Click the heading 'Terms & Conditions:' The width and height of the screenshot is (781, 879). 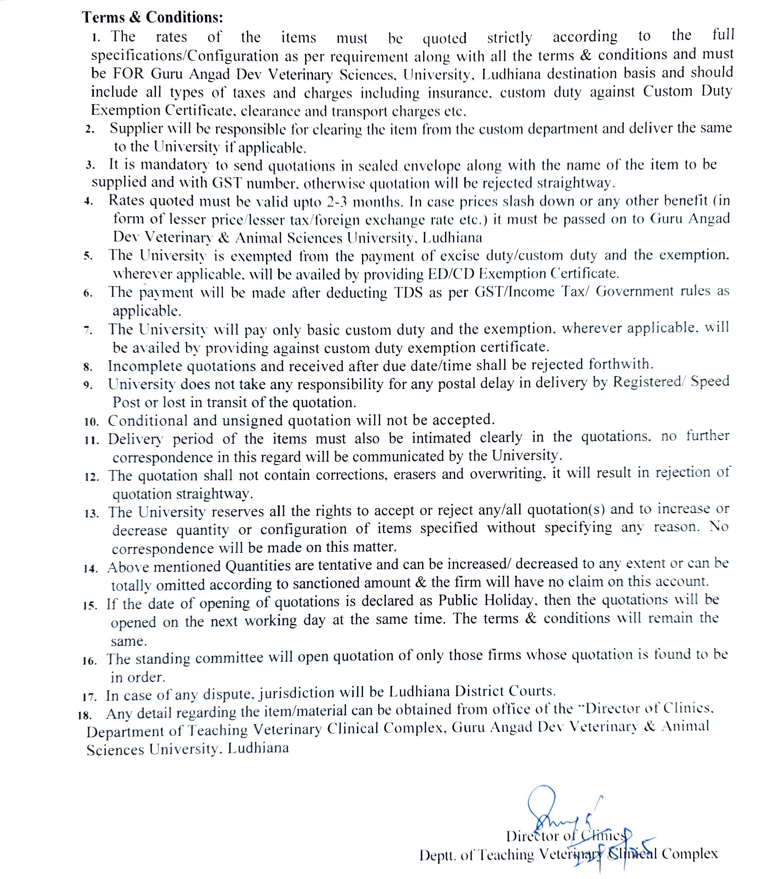[152, 17]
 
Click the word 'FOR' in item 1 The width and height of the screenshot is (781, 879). [128, 74]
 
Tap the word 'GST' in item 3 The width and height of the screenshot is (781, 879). [228, 183]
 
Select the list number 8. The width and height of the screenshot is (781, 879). [88, 367]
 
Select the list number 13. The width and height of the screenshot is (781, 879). [92, 513]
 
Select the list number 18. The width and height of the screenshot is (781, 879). [85, 715]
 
